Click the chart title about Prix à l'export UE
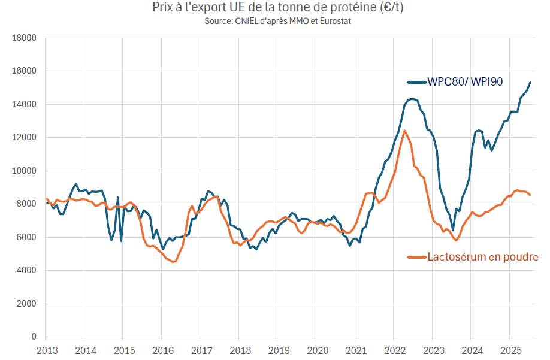coord(275,8)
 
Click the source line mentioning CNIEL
coord(275,21)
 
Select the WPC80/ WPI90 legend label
coord(464,82)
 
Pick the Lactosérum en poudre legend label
coord(482,257)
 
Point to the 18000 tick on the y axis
coord(25,38)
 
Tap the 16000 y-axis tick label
coord(25,71)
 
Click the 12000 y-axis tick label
coord(25,138)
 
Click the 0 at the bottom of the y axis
coord(34,337)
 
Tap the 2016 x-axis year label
coord(162,350)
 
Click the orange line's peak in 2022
coord(404,131)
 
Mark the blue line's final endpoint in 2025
coord(530,83)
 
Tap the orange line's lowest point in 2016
coord(174,262)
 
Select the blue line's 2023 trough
coord(453,230)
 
